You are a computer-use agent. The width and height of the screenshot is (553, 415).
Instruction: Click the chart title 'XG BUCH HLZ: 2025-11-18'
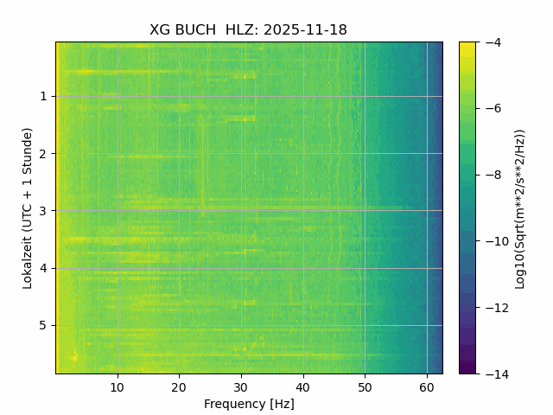(x=248, y=30)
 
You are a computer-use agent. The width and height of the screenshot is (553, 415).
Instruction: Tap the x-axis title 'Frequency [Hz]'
(x=249, y=404)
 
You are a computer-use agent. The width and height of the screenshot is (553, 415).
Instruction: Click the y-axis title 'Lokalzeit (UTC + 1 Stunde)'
(x=28, y=207)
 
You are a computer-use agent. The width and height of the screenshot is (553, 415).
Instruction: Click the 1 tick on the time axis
(x=42, y=96)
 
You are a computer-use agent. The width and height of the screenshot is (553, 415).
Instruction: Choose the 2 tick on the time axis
(x=42, y=154)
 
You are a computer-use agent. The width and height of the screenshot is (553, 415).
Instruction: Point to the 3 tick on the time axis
(x=42, y=211)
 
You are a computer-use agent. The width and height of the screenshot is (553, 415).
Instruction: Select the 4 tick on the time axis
(x=42, y=268)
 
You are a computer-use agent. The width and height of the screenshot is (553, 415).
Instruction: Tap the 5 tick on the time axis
(x=42, y=325)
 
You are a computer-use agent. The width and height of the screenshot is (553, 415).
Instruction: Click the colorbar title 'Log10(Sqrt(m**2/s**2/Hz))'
(x=520, y=207)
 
